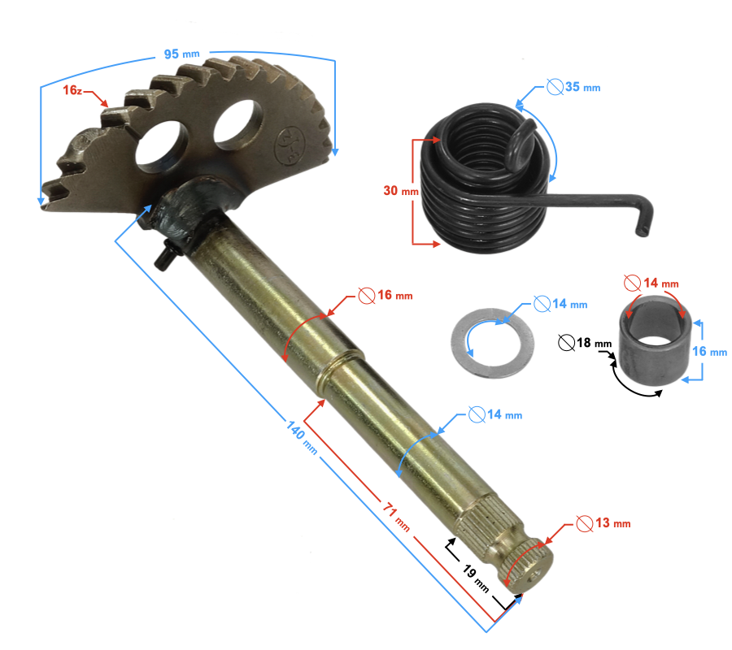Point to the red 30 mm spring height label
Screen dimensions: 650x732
pyautogui.click(x=399, y=191)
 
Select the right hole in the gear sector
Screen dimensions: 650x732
pyautogui.click(x=237, y=126)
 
